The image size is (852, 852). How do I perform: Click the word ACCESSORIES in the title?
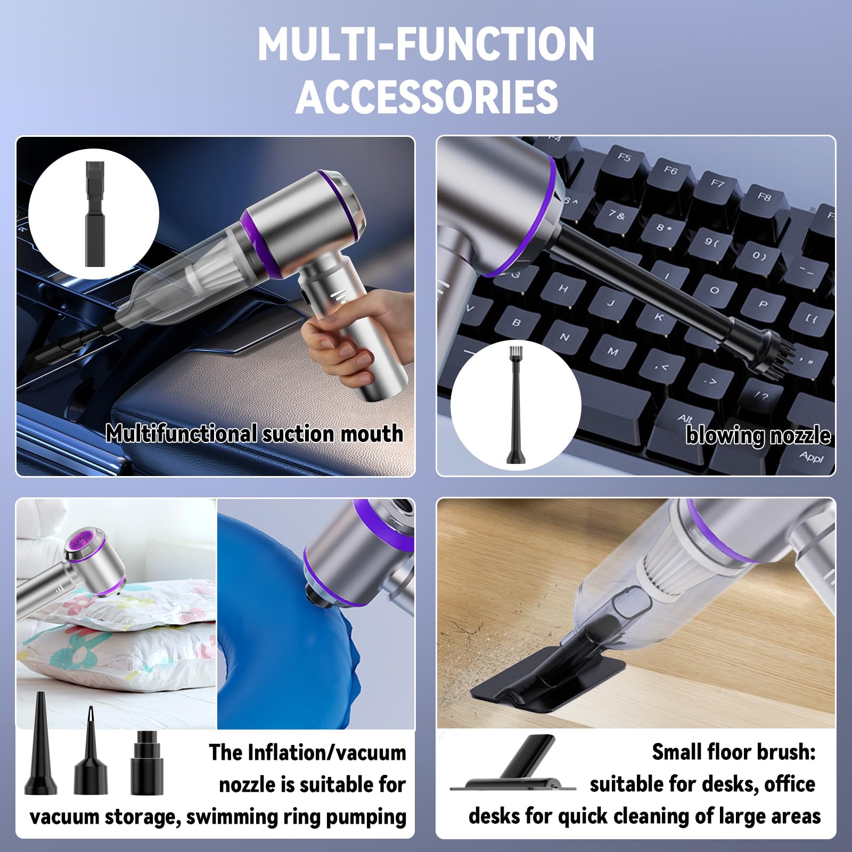[x=427, y=96]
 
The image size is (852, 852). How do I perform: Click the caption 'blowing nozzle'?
[x=758, y=436]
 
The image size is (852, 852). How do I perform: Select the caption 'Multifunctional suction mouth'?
[x=254, y=433]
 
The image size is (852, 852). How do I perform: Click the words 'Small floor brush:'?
[x=733, y=752]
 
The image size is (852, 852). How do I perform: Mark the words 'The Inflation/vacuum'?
[x=307, y=752]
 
